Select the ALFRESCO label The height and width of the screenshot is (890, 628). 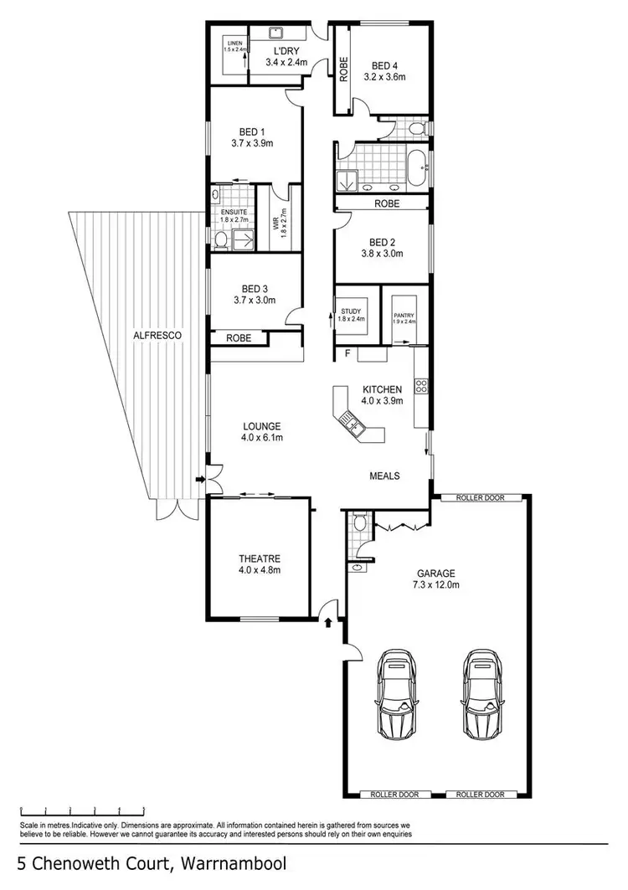tap(157, 335)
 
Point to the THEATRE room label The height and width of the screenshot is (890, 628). tap(259, 559)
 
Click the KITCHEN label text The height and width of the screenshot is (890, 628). tap(383, 389)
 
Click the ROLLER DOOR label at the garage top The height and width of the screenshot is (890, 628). tap(480, 497)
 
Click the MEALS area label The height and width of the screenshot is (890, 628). tap(385, 476)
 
